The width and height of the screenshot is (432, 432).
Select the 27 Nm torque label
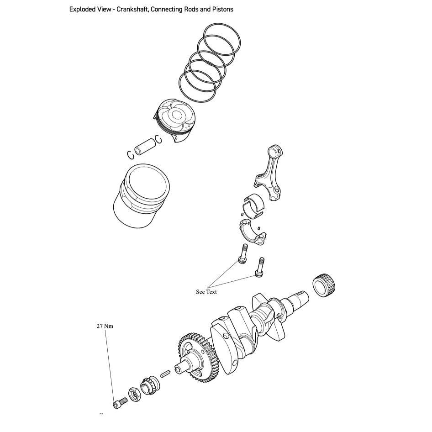(x=105, y=326)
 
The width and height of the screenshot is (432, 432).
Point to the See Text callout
(x=206, y=292)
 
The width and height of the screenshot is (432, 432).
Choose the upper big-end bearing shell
(x=254, y=204)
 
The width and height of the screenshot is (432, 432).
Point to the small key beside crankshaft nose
(x=166, y=374)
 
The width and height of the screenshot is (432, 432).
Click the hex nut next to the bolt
(x=134, y=394)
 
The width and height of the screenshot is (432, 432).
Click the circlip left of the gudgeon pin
(x=131, y=155)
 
